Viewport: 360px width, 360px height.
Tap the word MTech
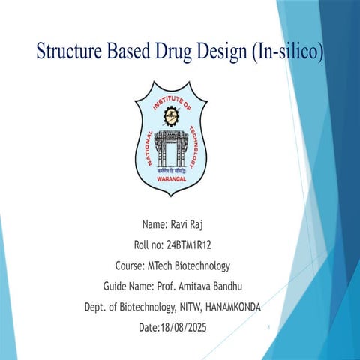[x=151, y=265]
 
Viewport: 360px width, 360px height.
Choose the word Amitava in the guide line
[x=199, y=286]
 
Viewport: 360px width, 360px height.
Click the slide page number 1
[x=268, y=328]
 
